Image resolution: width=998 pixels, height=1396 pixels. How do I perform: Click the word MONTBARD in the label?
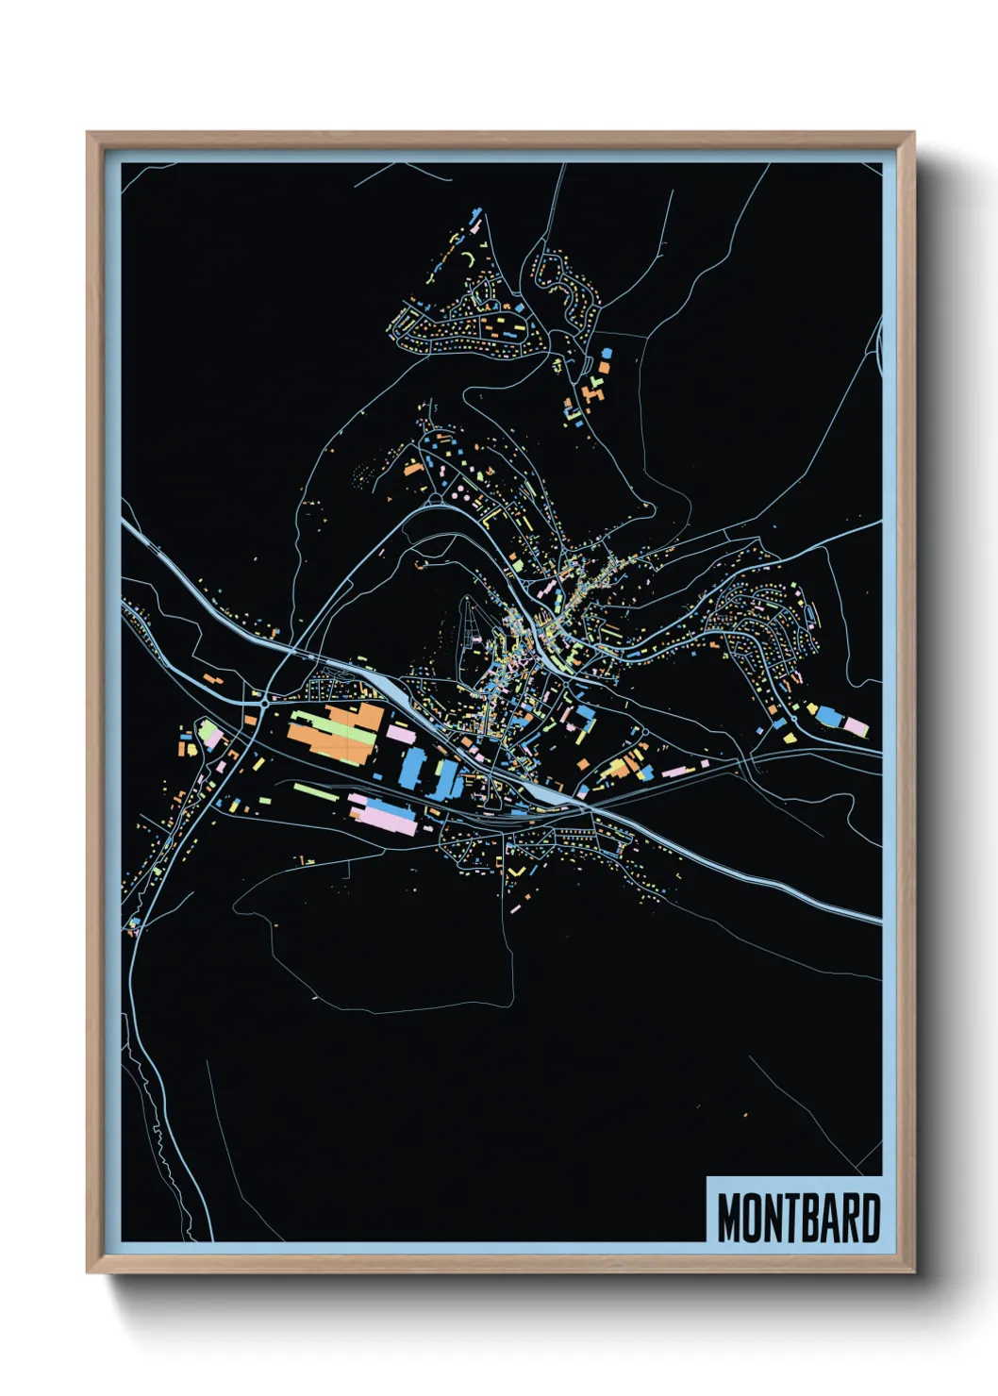pos(798,1218)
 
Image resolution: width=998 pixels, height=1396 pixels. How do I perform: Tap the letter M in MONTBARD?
pos(728,1218)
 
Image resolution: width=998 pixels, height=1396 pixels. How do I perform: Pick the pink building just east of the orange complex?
pos(400,731)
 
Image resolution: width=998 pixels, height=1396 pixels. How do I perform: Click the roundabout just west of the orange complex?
pos(264,704)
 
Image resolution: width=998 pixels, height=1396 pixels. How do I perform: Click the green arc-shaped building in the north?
pos(469,258)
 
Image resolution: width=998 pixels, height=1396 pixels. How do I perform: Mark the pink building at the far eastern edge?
pos(855,725)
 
